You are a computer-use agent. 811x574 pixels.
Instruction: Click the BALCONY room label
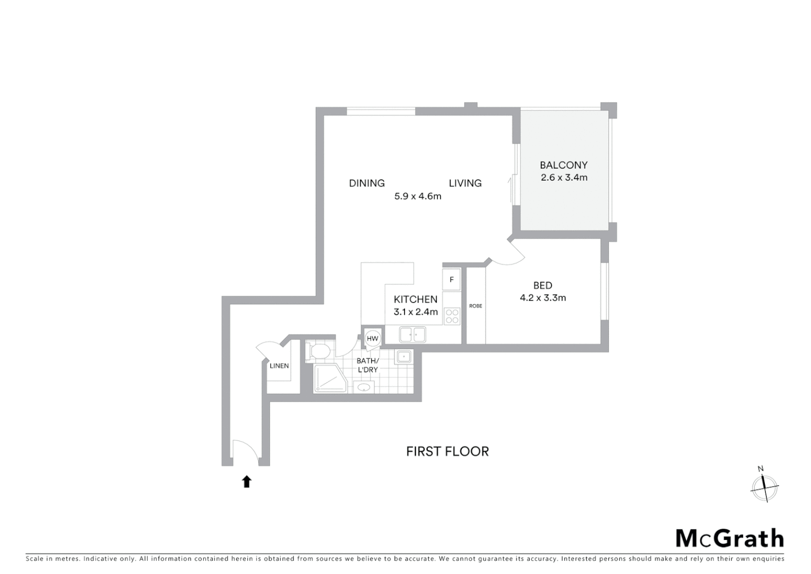(x=564, y=165)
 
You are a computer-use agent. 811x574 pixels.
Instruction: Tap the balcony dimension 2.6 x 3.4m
(x=564, y=178)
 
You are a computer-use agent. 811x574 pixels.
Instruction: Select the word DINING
(x=367, y=183)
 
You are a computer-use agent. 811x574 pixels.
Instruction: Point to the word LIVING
(x=465, y=183)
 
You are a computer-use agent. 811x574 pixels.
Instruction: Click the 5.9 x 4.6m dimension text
(x=418, y=196)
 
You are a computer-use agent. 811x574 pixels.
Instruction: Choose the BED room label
(x=542, y=285)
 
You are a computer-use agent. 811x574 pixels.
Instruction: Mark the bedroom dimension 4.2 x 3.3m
(x=542, y=298)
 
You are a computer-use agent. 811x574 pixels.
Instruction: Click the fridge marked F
(x=452, y=280)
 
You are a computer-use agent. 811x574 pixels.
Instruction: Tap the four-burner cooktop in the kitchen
(x=452, y=316)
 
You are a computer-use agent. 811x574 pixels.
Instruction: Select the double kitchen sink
(x=412, y=334)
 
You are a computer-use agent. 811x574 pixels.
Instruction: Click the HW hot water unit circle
(x=373, y=339)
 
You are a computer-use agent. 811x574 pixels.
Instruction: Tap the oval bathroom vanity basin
(x=364, y=387)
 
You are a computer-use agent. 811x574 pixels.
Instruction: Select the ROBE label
(x=476, y=306)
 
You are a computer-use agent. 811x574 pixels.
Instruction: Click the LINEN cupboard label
(x=279, y=366)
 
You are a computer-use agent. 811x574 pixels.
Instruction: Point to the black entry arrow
(x=246, y=482)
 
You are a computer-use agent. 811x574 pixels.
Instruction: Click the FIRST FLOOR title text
(x=447, y=451)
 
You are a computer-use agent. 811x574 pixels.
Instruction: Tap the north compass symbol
(x=764, y=487)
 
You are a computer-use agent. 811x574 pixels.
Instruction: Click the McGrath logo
(x=730, y=538)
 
